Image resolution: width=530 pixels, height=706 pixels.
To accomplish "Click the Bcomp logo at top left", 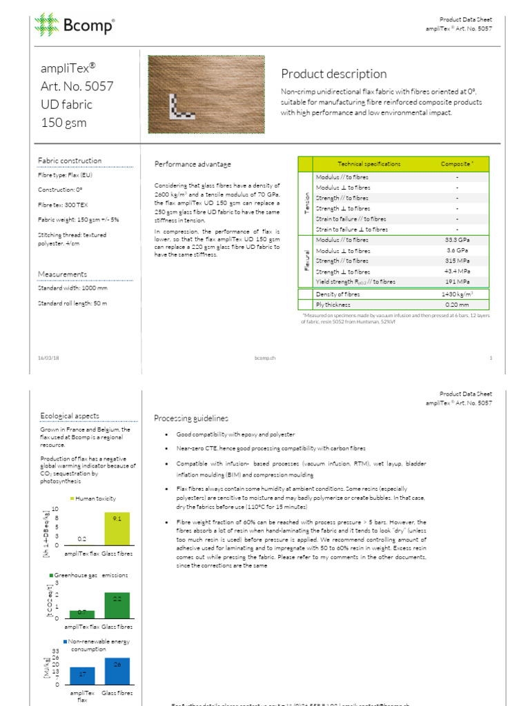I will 75,26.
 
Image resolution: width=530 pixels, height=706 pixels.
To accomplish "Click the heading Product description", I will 334,74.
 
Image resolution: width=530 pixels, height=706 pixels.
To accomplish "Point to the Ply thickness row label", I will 333,304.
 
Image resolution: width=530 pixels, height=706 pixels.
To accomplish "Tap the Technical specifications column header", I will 369,163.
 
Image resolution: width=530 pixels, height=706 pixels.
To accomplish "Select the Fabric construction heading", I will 70,161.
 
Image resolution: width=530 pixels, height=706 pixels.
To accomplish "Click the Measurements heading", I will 62,274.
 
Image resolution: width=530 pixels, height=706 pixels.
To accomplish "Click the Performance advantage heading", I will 193,164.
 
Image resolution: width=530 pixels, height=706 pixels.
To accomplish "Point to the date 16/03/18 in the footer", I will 48,358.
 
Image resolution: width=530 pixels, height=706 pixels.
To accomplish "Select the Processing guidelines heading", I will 190,418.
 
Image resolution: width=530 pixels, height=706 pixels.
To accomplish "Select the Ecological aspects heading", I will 69,416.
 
